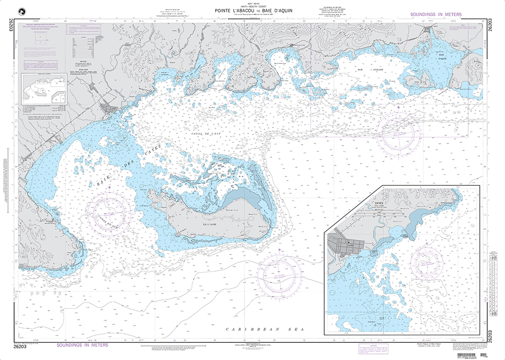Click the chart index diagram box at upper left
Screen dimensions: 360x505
pos(44,89)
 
